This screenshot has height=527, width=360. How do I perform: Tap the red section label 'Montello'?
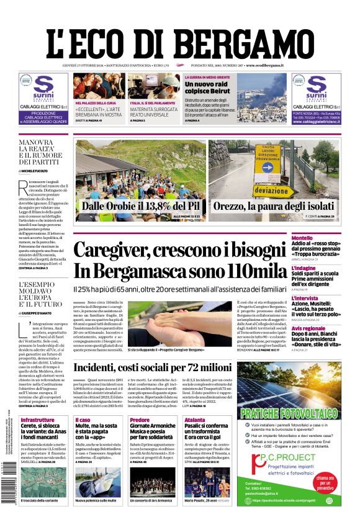pyautogui.click(x=302, y=238)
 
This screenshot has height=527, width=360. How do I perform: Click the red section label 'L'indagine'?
pyautogui.click(x=304, y=268)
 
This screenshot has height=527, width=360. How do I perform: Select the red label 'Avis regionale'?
pyautogui.click(x=308, y=328)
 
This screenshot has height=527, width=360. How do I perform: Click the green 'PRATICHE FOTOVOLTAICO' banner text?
pyautogui.click(x=289, y=412)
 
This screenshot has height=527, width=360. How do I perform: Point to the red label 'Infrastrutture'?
pyautogui.click(x=37, y=420)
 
